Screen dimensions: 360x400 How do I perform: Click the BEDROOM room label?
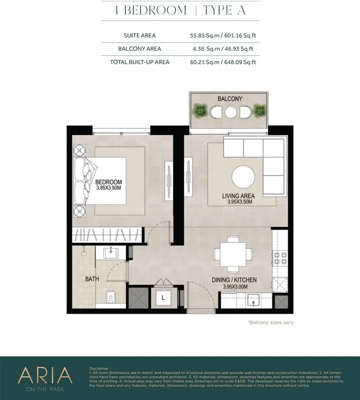(x=108, y=182)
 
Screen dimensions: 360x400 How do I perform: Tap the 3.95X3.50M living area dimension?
(x=240, y=202)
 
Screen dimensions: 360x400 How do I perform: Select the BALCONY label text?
(x=230, y=99)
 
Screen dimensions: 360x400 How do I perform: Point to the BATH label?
(x=92, y=279)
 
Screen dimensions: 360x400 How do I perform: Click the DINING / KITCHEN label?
(x=234, y=280)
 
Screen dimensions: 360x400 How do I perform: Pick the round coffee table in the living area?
(x=243, y=177)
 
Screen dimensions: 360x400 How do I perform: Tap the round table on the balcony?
(x=230, y=112)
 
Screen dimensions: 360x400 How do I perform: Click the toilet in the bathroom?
(x=111, y=296)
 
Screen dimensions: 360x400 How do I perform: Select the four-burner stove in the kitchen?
(x=280, y=258)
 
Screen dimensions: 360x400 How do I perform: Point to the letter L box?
(x=163, y=298)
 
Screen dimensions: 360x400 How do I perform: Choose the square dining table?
(x=233, y=254)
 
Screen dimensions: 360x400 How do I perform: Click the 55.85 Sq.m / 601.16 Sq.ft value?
(x=223, y=36)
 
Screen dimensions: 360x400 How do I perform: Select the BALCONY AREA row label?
(x=140, y=49)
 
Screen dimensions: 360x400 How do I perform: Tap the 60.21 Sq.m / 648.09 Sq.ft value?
(x=223, y=62)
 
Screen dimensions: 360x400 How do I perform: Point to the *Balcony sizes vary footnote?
(x=271, y=323)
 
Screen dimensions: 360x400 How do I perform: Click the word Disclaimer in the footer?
(x=99, y=368)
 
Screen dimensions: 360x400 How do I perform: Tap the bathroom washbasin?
(x=111, y=253)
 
